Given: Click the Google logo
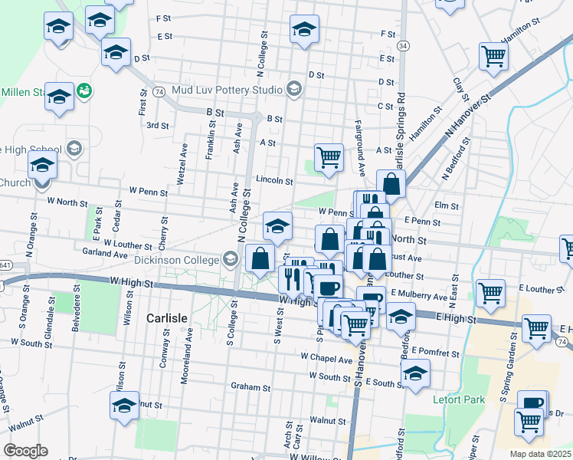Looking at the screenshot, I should pyautogui.click(x=25, y=451).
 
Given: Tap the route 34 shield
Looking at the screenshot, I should pyautogui.click(x=403, y=47).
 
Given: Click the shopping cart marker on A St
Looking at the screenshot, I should pyautogui.click(x=329, y=156).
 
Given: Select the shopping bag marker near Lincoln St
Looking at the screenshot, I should pyautogui.click(x=391, y=183).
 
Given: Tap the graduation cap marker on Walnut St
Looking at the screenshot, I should pyautogui.click(x=124, y=404).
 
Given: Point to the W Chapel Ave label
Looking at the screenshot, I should pyautogui.click(x=326, y=357).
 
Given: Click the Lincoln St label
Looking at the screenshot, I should pyautogui.click(x=274, y=181).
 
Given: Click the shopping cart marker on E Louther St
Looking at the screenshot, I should pyautogui.click(x=490, y=292).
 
